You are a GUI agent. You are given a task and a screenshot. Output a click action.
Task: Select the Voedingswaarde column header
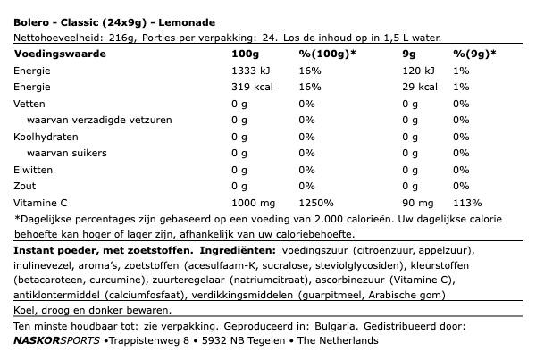(x=56, y=54)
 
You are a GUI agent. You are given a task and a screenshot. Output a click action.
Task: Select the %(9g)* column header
(x=473, y=54)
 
